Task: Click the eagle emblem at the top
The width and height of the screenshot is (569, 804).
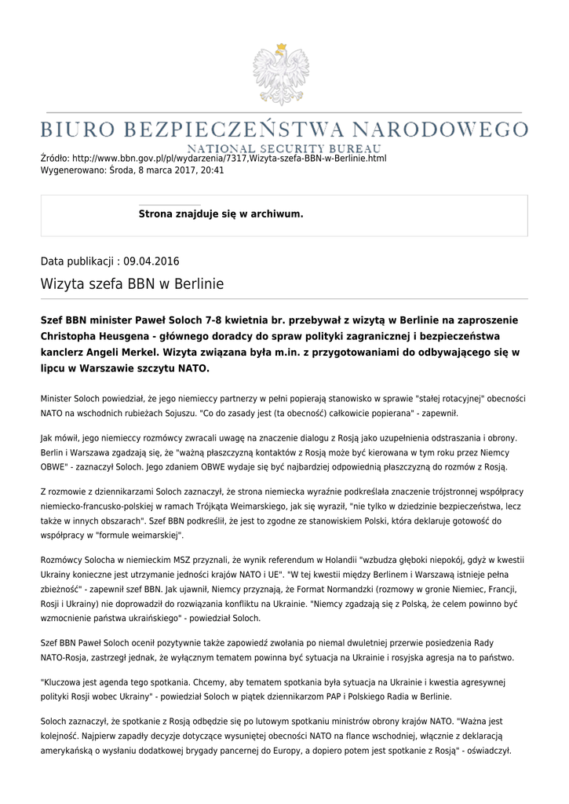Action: [x=280, y=75]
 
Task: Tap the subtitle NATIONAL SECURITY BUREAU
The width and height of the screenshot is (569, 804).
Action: [x=284, y=148]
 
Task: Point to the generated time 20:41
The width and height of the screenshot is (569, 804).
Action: [x=213, y=170]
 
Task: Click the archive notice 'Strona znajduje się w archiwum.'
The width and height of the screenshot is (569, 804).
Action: [x=221, y=214]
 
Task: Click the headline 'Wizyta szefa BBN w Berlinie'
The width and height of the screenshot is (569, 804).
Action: [x=132, y=284]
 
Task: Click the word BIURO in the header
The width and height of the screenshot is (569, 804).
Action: [x=79, y=129]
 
